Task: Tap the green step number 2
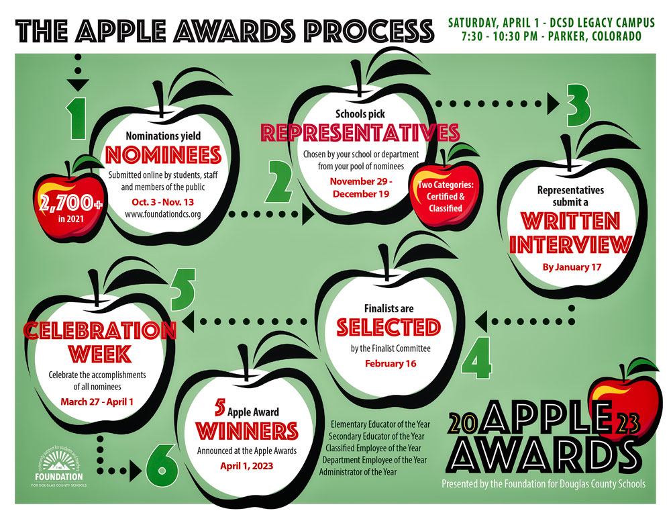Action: pos(279,181)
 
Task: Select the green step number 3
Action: pos(578,105)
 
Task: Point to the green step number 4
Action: pos(477,358)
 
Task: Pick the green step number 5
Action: pos(183,289)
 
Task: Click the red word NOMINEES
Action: pos(163,155)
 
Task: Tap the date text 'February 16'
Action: pos(391,363)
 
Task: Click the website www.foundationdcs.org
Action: pos(162,214)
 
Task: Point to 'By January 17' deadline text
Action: pos(572,267)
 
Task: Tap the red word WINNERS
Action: pos(247,431)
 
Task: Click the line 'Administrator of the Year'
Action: pos(358,472)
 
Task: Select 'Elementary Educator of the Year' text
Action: pos(380,424)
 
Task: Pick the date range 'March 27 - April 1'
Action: pos(97,402)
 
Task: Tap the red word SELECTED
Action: pos(389,328)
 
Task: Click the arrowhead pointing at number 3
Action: pos(554,103)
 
